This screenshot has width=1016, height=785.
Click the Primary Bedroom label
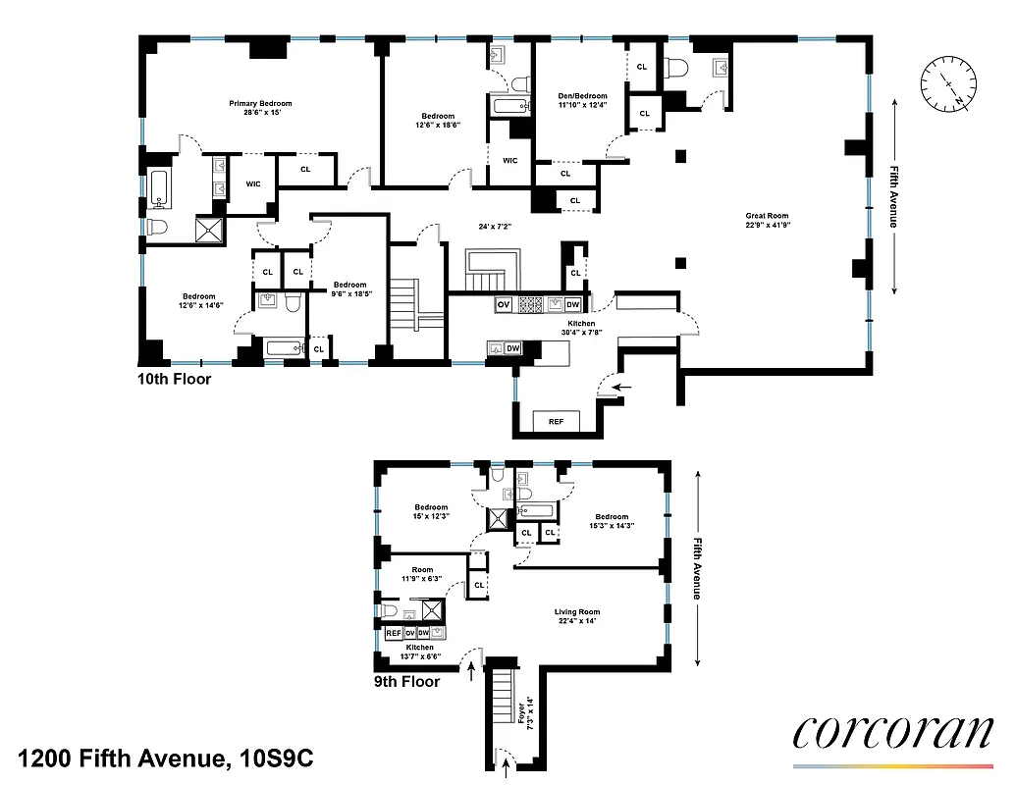click(x=260, y=108)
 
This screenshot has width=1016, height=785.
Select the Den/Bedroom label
click(x=582, y=98)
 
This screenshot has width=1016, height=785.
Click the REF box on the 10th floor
click(x=556, y=422)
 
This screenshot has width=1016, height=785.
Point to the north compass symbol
click(x=947, y=86)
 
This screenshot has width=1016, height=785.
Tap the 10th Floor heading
click(x=175, y=378)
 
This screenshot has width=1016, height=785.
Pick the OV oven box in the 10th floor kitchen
click(x=503, y=304)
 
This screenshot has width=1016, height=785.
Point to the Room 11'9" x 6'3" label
click(x=422, y=574)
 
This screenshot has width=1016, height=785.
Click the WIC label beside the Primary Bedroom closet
click(x=252, y=183)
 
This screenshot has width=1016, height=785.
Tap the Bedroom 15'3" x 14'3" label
click(x=610, y=522)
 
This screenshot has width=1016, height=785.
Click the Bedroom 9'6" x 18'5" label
click(x=348, y=289)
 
